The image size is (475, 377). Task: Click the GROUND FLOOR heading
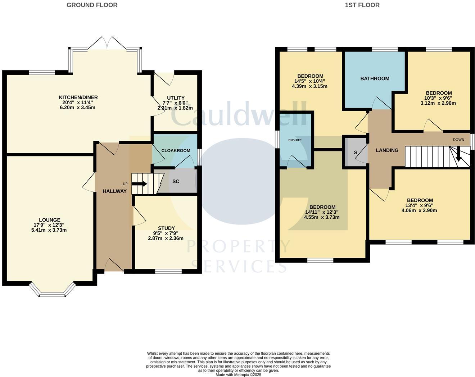[x=92, y=5]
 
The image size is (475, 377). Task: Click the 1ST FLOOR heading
[x=362, y=5]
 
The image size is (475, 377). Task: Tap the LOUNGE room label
[x=50, y=220]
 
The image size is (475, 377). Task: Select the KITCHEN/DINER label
[x=78, y=97]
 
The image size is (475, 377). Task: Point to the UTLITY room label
[x=176, y=98]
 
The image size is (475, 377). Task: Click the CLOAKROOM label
[x=176, y=150]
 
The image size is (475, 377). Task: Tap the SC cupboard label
[x=176, y=181]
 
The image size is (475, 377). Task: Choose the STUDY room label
[x=166, y=228]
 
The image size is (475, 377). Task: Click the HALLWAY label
[x=114, y=191]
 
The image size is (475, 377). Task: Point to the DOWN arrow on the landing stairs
[x=458, y=156]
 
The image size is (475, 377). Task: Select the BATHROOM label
[x=375, y=78]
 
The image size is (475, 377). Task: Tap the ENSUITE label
[x=295, y=140]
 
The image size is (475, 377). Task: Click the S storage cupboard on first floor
[x=356, y=153]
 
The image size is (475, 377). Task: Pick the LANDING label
[x=387, y=150]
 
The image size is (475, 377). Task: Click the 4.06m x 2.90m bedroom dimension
[x=420, y=210]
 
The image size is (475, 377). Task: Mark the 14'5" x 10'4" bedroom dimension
[x=310, y=81]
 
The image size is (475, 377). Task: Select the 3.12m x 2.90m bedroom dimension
[x=438, y=103]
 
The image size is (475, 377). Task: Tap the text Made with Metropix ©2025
[x=238, y=374]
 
